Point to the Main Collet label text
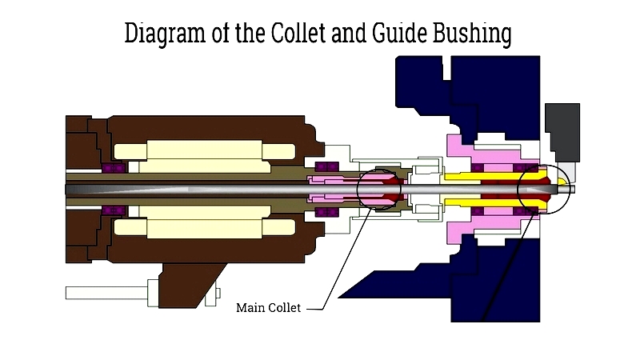point(268,307)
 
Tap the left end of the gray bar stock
point(72,188)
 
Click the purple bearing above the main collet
point(327,167)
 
